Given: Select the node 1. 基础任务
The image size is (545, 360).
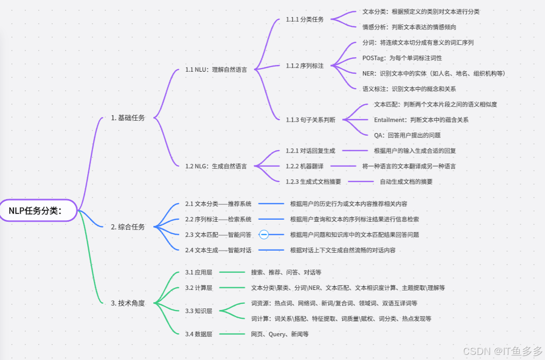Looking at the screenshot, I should (128, 118).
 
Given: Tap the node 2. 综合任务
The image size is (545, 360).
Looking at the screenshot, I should (128, 226).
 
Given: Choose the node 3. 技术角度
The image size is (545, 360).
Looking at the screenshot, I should (128, 303).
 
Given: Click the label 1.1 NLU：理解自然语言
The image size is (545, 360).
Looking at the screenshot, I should (216, 69).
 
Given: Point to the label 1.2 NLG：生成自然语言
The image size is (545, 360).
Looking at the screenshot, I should (216, 166).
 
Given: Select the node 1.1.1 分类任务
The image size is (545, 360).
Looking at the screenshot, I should (304, 20).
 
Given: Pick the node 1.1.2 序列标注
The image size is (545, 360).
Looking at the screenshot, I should (304, 66).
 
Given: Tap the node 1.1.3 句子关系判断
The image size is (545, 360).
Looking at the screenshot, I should (310, 120).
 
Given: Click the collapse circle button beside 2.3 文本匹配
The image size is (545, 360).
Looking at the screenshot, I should (263, 235).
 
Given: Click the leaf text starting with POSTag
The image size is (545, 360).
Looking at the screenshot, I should (402, 58).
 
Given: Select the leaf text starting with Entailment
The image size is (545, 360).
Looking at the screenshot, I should (421, 120).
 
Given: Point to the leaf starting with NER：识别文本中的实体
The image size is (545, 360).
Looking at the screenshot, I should (434, 73).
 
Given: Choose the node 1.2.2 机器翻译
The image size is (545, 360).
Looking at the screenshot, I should (304, 166).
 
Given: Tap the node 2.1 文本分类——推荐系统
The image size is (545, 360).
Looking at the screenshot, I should (218, 204).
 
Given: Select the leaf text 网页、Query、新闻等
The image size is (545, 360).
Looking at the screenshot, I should (280, 334).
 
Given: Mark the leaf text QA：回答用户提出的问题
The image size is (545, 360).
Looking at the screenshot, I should (407, 135).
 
